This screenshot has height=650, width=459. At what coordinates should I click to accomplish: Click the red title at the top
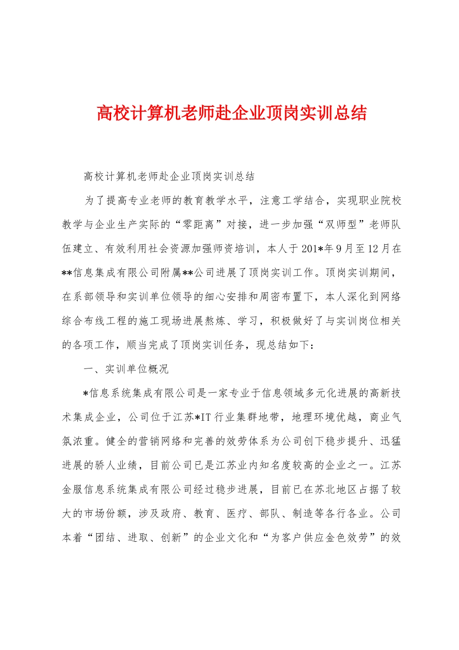[231, 113]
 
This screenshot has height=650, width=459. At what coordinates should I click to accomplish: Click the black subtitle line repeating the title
[169, 177]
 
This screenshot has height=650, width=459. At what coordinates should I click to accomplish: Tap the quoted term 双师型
[340, 224]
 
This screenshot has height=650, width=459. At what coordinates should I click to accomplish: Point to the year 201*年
[317, 249]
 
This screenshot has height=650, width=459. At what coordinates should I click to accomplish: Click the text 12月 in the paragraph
[379, 249]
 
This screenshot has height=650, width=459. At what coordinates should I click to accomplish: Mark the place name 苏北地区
[335, 489]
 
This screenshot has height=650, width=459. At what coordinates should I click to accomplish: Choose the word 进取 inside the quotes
[139, 538]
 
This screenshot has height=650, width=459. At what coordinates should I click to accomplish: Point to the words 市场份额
[106, 514]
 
